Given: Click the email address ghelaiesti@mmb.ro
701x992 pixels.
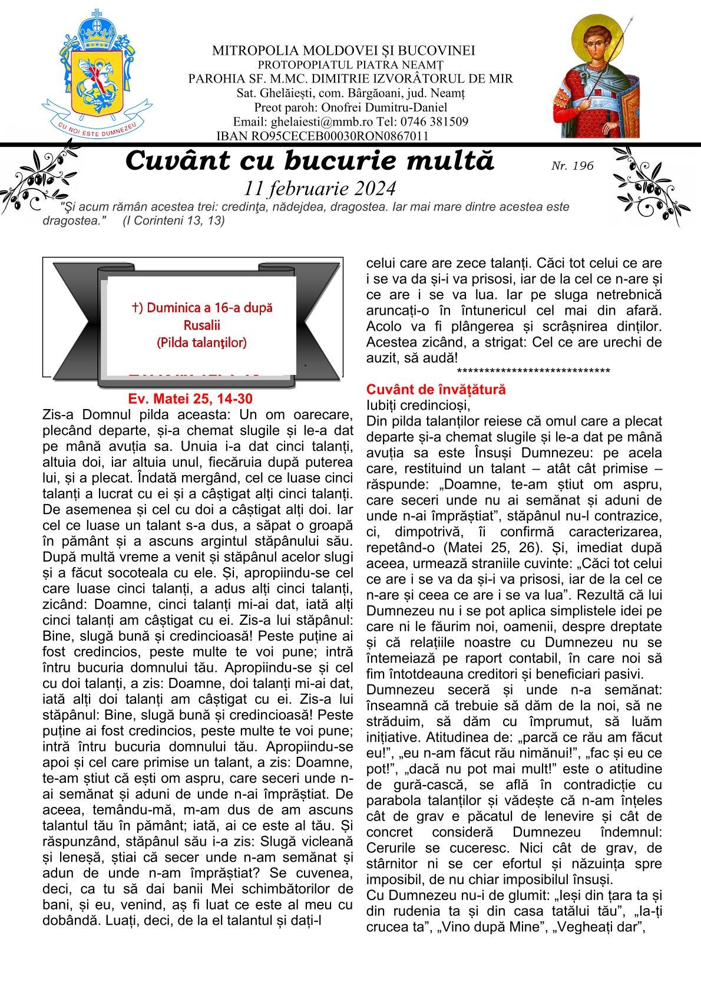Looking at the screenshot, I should click(x=313, y=122).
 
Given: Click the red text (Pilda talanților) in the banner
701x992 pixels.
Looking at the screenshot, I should click(x=201, y=342).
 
